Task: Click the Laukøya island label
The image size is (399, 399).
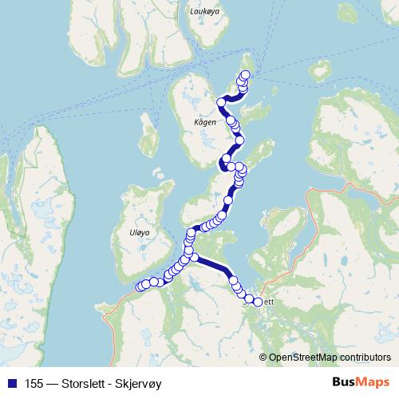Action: point(206,11)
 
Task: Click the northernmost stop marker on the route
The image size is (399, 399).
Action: point(245,75)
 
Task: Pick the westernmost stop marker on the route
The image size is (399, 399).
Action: point(140,287)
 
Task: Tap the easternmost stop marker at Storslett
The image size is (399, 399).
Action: point(258,301)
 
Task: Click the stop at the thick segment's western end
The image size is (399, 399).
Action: point(194,257)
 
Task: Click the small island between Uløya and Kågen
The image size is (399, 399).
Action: point(148,136)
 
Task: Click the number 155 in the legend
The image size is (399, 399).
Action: point(34,384)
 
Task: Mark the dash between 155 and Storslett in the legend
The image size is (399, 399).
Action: point(52,384)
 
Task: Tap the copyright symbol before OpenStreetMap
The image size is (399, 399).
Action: point(263,357)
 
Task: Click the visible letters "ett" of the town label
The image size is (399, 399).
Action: point(268,302)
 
